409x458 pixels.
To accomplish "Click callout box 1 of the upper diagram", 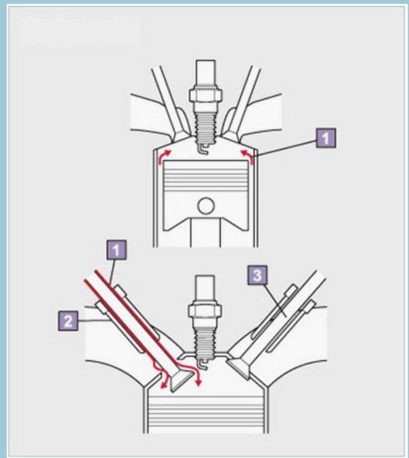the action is coord(326,138).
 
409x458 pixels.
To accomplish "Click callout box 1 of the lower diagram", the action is coord(116,250).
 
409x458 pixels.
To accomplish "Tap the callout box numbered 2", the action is coord(68,321).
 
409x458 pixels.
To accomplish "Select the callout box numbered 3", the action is coord(257,275).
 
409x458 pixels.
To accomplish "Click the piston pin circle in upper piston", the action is coord(206,206).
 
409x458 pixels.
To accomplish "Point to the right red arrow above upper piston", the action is coord(247,157).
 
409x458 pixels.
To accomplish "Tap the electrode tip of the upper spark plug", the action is coord(204,150).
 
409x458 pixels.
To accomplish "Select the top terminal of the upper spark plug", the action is coord(206,73).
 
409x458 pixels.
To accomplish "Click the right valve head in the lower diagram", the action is coord(239,369).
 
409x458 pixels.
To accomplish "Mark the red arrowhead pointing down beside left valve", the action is coord(199,382).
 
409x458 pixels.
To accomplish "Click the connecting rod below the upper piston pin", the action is coord(206,233).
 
